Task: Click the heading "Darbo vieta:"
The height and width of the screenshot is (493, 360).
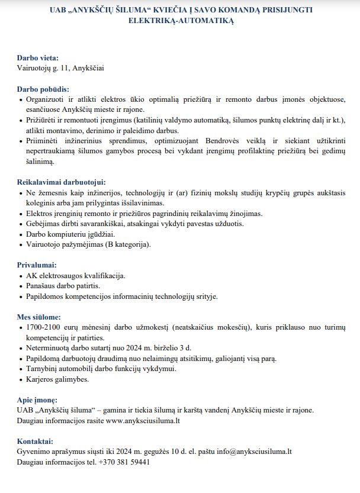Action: click(38, 58)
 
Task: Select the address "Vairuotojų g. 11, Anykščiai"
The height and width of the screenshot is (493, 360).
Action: click(61, 68)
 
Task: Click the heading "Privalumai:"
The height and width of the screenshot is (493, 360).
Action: click(37, 265)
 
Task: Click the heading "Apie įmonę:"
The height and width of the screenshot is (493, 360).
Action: click(37, 399)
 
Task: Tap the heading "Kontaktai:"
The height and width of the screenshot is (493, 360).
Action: click(35, 441)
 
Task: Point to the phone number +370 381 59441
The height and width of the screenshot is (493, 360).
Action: click(124, 462)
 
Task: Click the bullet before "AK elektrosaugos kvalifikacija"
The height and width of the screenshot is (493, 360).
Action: click(21, 276)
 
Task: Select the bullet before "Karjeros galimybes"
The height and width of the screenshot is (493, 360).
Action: click(21, 379)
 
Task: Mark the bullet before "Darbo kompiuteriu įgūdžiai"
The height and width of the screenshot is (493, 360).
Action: click(21, 234)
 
